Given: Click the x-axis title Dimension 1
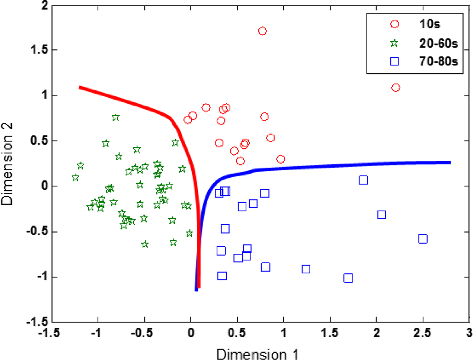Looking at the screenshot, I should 258,353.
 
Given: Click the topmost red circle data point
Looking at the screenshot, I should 262,31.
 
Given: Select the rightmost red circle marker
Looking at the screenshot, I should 396,88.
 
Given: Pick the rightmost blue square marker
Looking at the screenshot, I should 423,239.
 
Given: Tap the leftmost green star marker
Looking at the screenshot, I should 75,178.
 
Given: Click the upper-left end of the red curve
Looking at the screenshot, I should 79,87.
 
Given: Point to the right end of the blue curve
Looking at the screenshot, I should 449,162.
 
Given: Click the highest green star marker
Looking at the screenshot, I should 115,118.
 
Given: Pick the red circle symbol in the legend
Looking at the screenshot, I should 394,24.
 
